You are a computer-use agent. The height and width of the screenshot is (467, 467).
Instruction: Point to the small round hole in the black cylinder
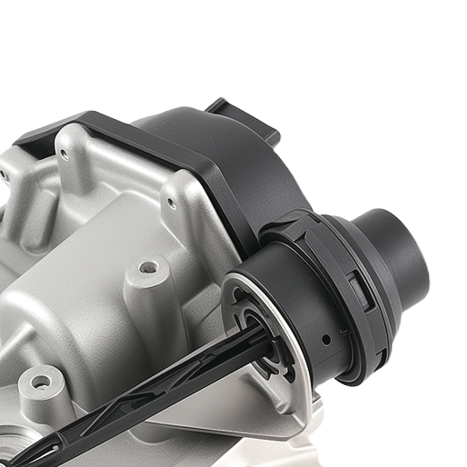click(x=326, y=340)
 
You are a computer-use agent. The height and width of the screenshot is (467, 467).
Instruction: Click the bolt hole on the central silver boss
click(x=149, y=268)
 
